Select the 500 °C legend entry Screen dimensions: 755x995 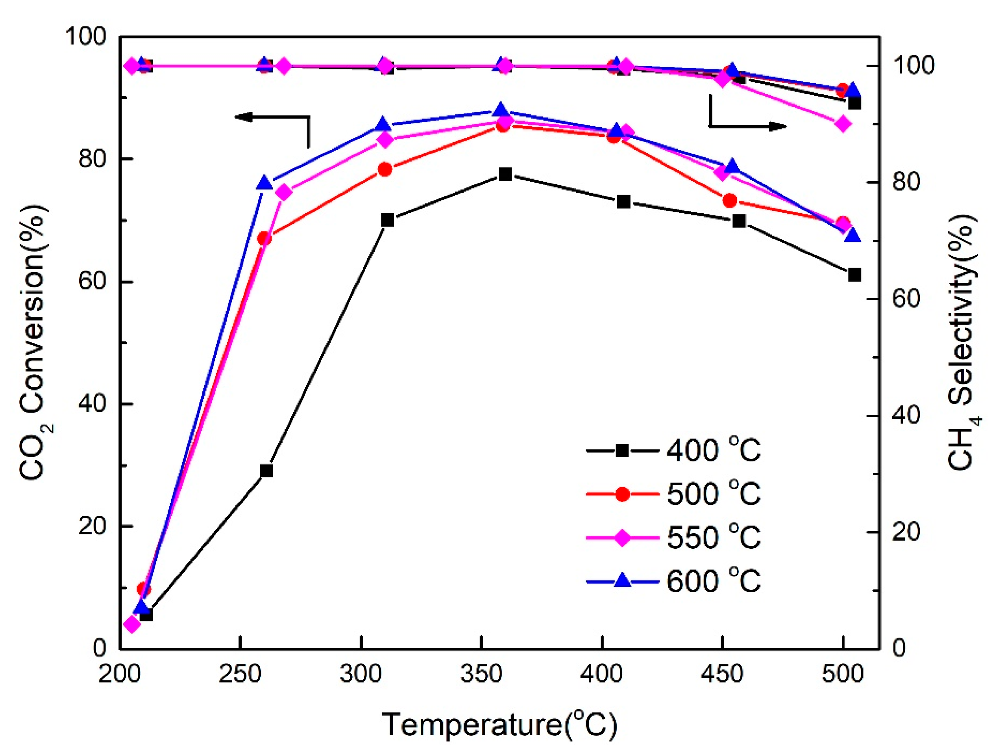[673, 494]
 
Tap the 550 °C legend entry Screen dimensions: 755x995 [673, 537]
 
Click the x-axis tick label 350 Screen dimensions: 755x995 [481, 674]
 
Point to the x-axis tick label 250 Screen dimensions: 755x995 [240, 674]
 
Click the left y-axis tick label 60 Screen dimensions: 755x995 [92, 282]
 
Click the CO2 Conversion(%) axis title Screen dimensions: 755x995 [34, 342]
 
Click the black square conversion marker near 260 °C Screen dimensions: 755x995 [266, 471]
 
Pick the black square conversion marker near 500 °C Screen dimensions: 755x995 [854, 275]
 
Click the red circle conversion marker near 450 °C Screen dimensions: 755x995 [730, 200]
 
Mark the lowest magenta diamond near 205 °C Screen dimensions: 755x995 [132, 625]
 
